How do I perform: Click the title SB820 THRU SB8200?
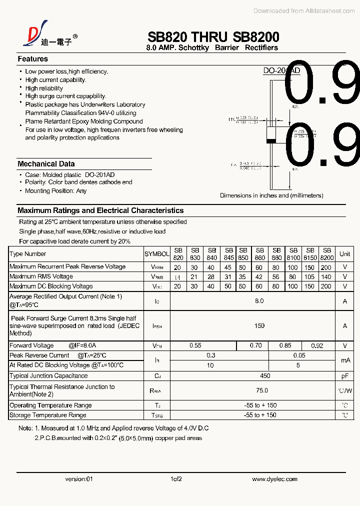213,37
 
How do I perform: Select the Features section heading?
32,59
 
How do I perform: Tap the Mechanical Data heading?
46,164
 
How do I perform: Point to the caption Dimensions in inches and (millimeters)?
271,195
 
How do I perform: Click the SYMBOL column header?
156,254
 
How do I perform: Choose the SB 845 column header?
229,254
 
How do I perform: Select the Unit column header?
344,254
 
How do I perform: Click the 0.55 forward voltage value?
195,345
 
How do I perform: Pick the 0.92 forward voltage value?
317,345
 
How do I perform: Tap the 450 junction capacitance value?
265,376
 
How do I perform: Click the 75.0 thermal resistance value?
261,390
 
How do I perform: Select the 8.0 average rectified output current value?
259,301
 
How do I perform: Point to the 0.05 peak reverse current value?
299,355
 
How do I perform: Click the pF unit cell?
344,376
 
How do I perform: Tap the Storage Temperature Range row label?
48,415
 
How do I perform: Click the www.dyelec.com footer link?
274,479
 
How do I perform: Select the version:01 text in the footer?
79,479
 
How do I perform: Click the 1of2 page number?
176,479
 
